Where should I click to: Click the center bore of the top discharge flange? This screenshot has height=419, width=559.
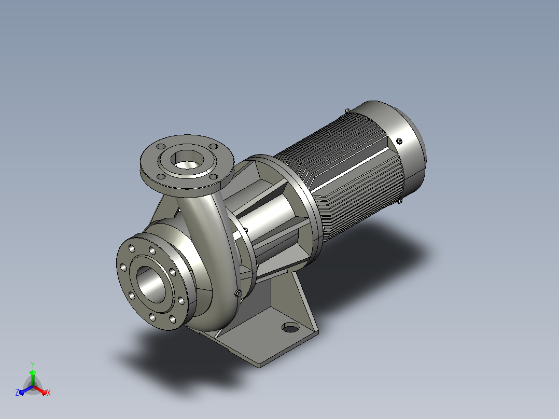pyautogui.click(x=187, y=160)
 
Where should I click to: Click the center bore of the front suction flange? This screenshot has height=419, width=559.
pyautogui.click(x=151, y=285)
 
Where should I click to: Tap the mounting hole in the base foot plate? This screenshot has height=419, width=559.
pyautogui.click(x=290, y=327)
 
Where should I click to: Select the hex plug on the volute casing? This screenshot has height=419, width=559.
pyautogui.click(x=239, y=294)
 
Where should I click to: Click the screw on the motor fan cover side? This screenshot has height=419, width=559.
pyautogui.click(x=399, y=141)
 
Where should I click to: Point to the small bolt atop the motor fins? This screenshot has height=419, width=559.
pyautogui.click(x=347, y=111)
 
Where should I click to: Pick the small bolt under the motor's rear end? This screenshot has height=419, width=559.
pyautogui.click(x=400, y=202)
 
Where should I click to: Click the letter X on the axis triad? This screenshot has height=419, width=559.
pyautogui.click(x=49, y=393)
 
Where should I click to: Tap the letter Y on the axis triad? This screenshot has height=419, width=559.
pyautogui.click(x=33, y=365)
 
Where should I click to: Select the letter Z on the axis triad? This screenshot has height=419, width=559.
pyautogui.click(x=17, y=393)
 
